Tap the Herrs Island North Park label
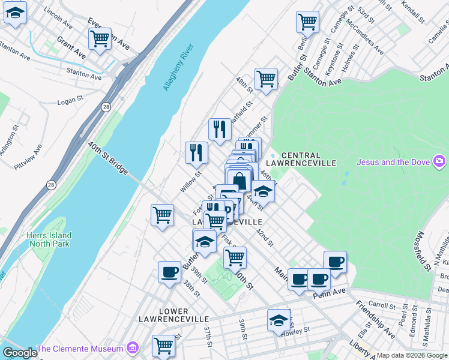(49, 239)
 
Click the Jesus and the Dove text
(394, 161)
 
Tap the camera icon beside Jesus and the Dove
(440, 161)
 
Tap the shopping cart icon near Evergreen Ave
(100, 38)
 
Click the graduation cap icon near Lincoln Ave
(15, 13)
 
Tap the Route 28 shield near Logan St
(106, 107)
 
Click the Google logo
(20, 353)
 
